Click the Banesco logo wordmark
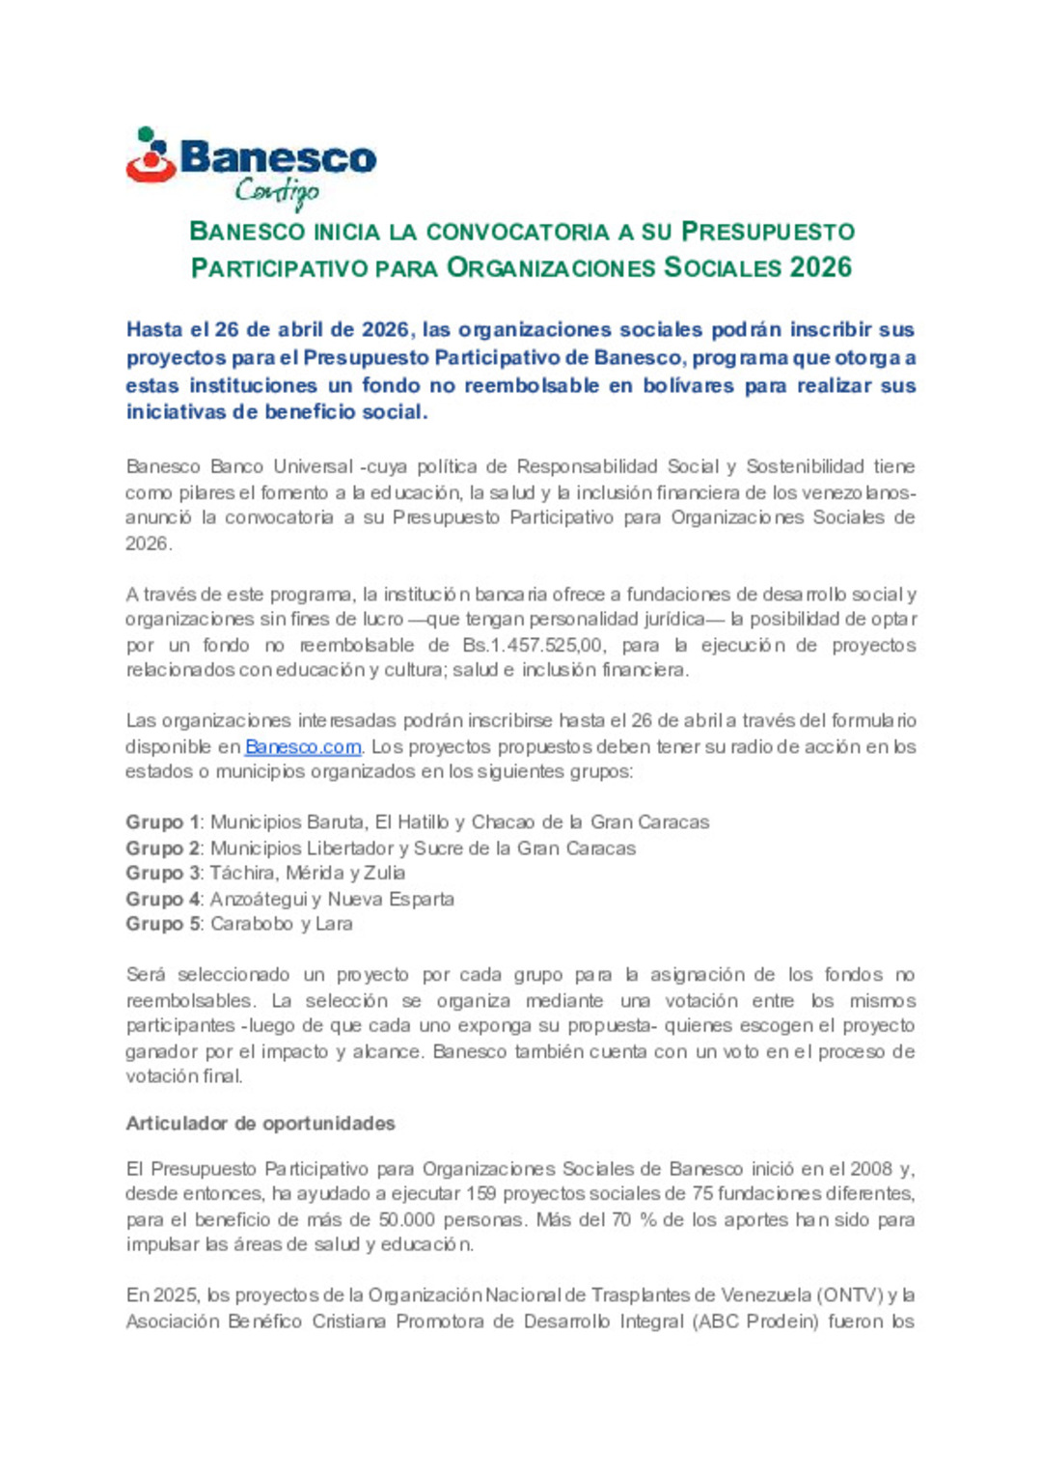pos(278,157)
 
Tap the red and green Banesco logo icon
pos(150,155)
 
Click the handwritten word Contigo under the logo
pos(277,192)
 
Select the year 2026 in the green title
pos(820,267)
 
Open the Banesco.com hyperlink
pos(303,746)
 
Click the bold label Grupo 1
pos(162,822)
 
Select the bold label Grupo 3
pos(162,873)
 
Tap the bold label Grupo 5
pos(162,924)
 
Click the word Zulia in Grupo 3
pos(384,873)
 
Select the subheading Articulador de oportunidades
pos(260,1124)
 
